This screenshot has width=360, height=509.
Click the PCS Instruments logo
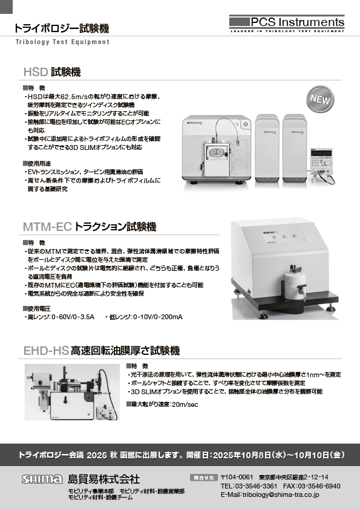[x=287, y=24]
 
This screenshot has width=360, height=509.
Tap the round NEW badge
[x=320, y=99]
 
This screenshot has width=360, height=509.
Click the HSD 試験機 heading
[x=52, y=72]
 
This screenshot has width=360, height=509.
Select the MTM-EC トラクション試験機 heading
[x=90, y=227]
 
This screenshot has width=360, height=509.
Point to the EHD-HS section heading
[x=102, y=351]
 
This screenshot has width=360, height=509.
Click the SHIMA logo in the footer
[x=42, y=479]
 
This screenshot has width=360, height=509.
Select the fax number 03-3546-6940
[x=319, y=486]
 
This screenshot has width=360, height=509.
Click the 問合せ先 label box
[x=204, y=478]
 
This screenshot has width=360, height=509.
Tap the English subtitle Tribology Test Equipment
[x=62, y=42]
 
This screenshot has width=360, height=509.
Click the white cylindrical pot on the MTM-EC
[x=295, y=285]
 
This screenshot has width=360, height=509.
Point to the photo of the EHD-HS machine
[x=72, y=392]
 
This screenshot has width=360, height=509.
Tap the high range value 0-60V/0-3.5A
[x=73, y=317]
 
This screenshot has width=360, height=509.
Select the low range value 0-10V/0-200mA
[x=157, y=317]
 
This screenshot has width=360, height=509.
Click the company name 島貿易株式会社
[x=103, y=479]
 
